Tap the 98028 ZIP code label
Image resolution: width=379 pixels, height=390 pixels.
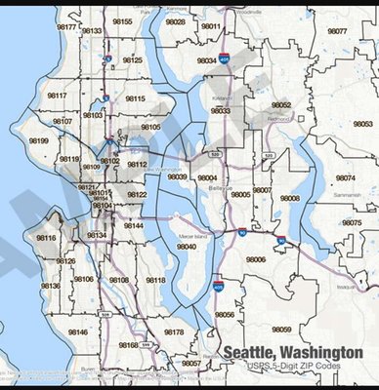pyautogui.click(x=175, y=20)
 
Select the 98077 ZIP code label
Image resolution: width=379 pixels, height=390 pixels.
pyautogui.click(x=337, y=31)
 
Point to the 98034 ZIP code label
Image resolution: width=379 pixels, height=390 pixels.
pyautogui.click(x=207, y=60)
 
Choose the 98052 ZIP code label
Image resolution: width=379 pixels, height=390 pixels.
pyautogui.click(x=281, y=104)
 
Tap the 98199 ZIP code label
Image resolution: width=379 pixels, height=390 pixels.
pyautogui.click(x=39, y=141)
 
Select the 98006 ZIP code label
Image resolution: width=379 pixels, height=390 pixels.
pyautogui.click(x=256, y=259)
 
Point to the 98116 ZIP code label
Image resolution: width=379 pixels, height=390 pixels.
pyautogui.click(x=46, y=237)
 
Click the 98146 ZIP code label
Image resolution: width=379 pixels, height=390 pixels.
pyautogui.click(x=77, y=332)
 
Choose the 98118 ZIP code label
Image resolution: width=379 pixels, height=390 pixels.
pyautogui.click(x=154, y=280)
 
